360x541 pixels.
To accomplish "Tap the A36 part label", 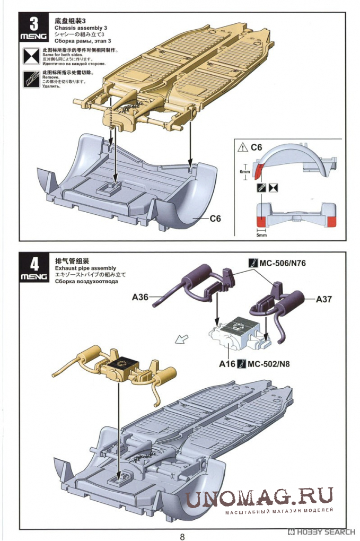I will (140, 298).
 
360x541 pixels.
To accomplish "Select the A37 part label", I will (323, 299).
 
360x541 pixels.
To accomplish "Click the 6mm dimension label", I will (244, 171).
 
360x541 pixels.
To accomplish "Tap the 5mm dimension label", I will (261, 234).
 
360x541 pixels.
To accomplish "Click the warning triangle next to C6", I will (243, 147).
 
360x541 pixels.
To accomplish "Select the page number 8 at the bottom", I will (182, 536).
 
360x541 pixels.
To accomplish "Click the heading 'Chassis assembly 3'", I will (80, 28).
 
